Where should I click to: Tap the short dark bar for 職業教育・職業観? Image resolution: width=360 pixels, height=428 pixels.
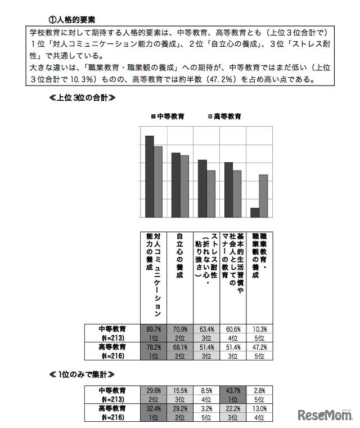255,213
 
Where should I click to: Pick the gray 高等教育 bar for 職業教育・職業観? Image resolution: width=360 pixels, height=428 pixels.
263,196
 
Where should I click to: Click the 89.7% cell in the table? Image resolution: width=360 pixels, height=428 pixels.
153,328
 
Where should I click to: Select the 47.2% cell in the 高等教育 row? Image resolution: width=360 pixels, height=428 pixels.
259,347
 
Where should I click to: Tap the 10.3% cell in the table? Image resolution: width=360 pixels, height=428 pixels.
259,328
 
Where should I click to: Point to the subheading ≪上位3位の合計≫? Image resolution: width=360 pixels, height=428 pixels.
83,97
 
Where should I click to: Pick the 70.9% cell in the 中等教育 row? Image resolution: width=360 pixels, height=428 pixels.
179,328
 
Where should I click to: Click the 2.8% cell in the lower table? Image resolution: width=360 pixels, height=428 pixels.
259,390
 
